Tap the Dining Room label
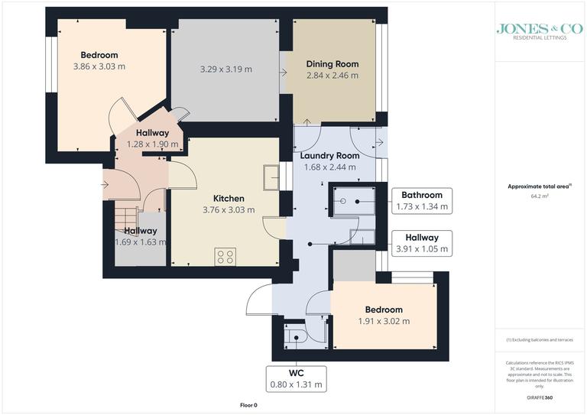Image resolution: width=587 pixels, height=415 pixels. [x=332, y=64]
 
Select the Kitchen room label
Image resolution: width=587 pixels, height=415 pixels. [x=229, y=198]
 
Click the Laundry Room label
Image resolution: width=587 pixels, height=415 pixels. [x=329, y=156]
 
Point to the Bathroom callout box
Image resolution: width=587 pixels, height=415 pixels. [x=421, y=200]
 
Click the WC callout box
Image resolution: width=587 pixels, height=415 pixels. [x=297, y=378]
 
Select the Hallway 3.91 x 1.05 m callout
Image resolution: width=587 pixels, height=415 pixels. [x=421, y=243]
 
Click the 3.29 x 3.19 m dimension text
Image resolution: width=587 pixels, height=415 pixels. [x=226, y=70]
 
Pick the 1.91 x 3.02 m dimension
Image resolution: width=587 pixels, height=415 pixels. [x=384, y=321]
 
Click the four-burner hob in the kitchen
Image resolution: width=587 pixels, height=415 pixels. [x=225, y=257]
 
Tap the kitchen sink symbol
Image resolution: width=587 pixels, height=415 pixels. [x=270, y=177]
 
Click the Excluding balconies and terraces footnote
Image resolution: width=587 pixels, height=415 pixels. [x=540, y=339]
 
